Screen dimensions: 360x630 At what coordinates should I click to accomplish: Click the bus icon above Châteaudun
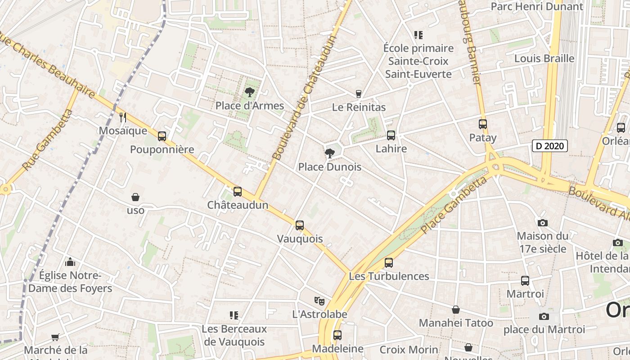point(238,192)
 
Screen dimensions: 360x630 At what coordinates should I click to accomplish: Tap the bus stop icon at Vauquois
point(300,225)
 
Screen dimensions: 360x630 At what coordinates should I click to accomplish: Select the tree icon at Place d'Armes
point(249,93)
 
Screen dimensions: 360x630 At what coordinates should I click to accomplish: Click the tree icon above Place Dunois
point(329,153)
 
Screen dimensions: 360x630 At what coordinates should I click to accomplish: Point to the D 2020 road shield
point(549,146)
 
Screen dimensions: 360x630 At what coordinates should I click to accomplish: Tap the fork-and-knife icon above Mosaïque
point(123,117)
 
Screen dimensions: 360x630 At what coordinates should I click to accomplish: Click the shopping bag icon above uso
point(135,197)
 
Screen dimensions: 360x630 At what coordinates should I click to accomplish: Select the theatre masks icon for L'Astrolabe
point(319,301)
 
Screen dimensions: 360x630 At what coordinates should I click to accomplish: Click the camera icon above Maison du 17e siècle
point(542,223)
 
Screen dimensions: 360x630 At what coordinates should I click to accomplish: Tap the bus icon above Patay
point(483,124)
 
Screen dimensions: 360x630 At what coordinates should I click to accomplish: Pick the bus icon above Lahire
point(391,135)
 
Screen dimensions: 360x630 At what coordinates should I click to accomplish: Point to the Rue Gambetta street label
point(47,140)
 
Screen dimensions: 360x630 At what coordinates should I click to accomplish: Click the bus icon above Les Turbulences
point(389,262)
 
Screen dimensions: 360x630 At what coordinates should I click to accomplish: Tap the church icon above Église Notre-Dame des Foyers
point(70,262)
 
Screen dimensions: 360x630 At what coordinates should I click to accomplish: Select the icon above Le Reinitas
point(359,94)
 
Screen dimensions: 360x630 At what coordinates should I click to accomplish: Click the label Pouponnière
point(162,149)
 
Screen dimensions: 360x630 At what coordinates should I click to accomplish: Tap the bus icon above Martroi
point(525,281)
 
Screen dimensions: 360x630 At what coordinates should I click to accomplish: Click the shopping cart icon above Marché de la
point(55,337)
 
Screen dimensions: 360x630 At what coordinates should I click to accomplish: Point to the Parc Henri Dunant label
point(536,6)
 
